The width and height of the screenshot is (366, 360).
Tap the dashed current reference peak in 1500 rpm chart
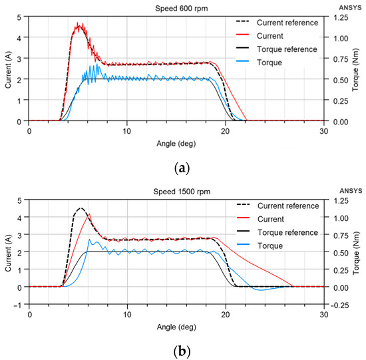(x=81, y=208)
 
